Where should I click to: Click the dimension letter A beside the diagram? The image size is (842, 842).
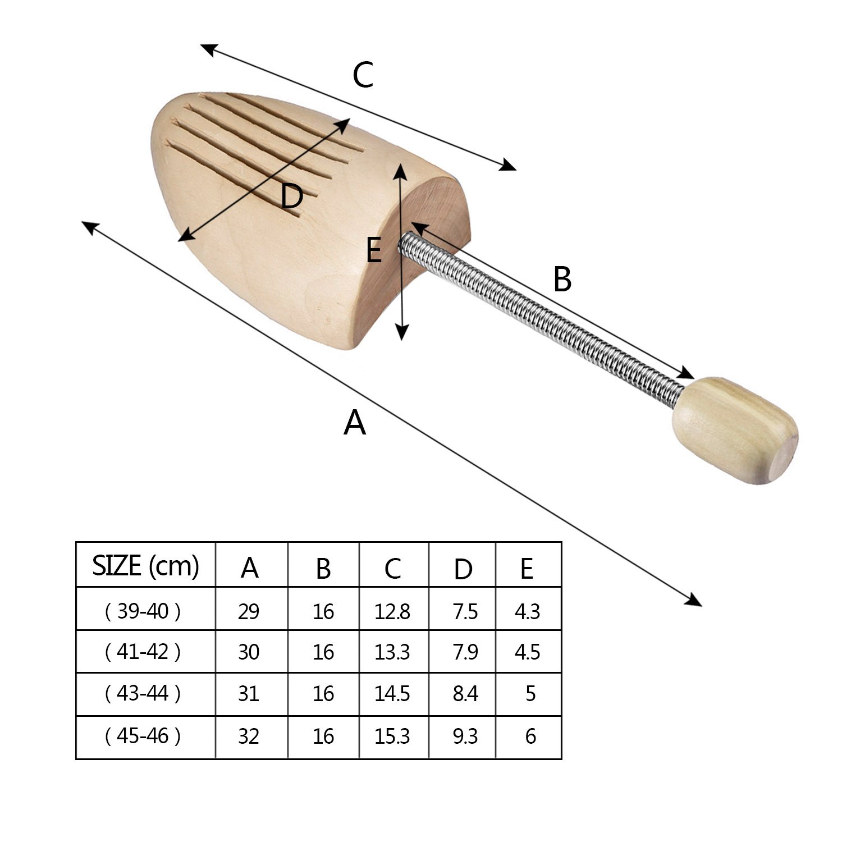(x=355, y=423)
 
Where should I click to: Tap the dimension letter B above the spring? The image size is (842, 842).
(x=562, y=279)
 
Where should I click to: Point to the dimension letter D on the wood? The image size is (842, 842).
(x=292, y=196)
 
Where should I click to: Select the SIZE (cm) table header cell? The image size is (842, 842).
(x=145, y=565)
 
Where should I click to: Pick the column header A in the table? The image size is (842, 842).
(x=250, y=568)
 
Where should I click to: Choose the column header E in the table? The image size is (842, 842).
(x=527, y=568)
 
